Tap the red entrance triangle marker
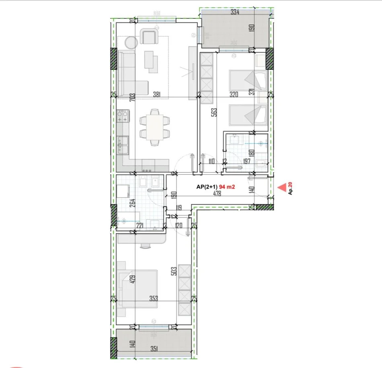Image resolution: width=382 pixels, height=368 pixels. click(x=282, y=187)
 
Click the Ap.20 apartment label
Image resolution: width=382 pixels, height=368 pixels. click(x=291, y=188)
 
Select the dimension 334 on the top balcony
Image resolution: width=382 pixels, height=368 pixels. click(x=235, y=12)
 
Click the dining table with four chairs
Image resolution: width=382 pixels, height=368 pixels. click(x=154, y=126)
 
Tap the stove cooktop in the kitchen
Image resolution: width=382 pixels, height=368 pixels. click(x=123, y=116)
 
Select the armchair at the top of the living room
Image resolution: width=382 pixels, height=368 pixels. click(x=149, y=37)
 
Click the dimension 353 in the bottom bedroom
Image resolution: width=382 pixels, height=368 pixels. click(x=154, y=298)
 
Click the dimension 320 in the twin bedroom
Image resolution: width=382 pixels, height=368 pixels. click(x=234, y=95)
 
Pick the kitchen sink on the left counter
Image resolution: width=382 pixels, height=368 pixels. click(x=123, y=145)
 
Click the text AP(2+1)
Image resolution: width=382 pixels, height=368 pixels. click(x=207, y=186)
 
